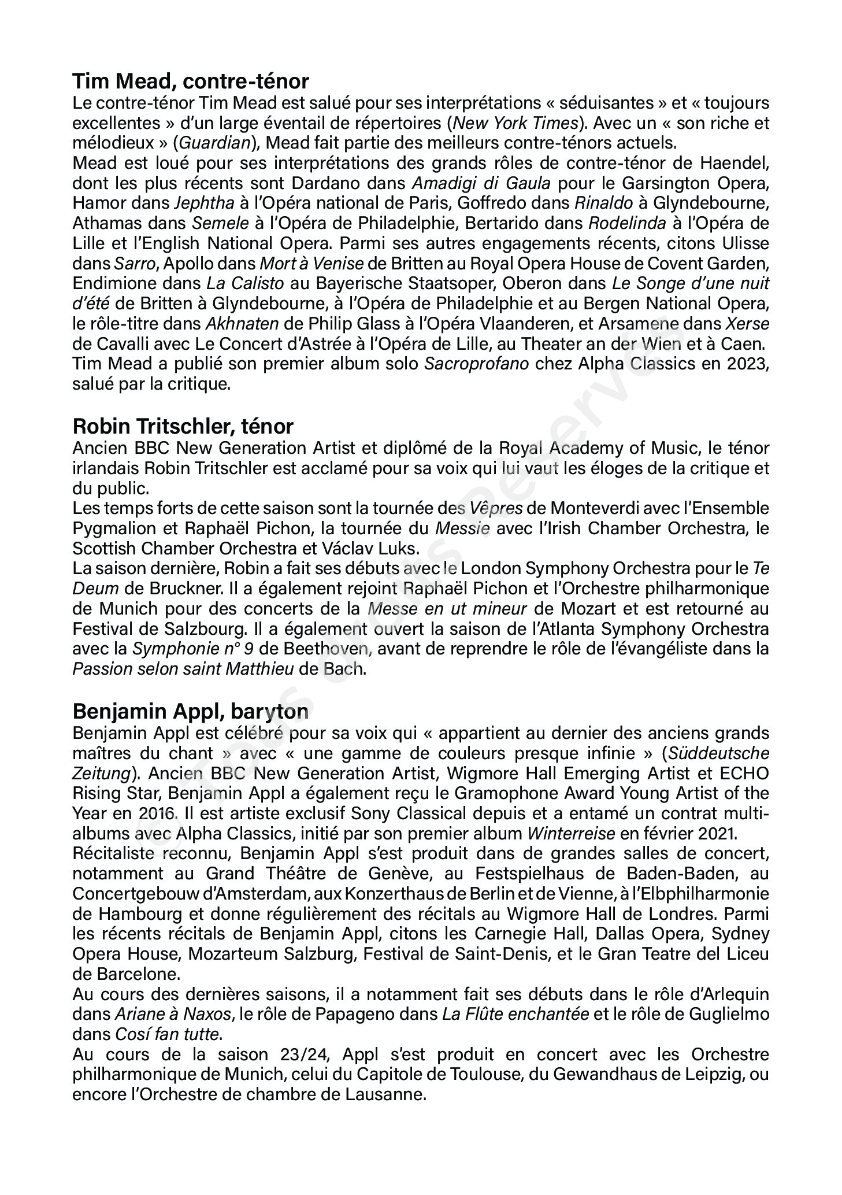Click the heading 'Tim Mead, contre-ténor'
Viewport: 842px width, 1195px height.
click(191, 81)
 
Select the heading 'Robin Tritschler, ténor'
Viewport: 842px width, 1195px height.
click(183, 426)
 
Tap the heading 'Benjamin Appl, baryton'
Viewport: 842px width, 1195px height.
click(190, 711)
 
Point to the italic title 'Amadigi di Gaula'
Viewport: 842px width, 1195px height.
click(481, 183)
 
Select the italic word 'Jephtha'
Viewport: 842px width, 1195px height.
click(204, 204)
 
